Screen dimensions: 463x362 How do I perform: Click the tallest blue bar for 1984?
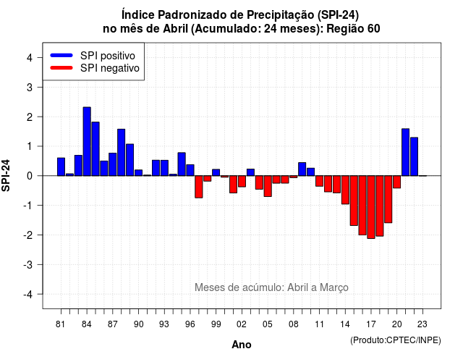[x=87, y=142]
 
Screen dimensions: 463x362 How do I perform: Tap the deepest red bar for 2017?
[x=371, y=207]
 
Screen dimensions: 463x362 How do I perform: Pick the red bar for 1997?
[x=199, y=187]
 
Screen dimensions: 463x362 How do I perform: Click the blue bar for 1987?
[x=113, y=164]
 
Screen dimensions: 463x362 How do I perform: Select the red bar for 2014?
[x=345, y=190]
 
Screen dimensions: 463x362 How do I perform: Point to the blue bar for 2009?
[x=302, y=169]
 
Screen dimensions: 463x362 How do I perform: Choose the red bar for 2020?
[x=397, y=182]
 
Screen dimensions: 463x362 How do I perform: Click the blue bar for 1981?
[x=61, y=167]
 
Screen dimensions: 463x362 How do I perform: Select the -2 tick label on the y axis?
[x=28, y=235]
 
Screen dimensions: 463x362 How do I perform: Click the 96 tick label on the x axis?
[x=190, y=324]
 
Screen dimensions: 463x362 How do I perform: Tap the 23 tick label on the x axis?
[x=422, y=324]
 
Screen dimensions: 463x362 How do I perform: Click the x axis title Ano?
[x=242, y=345]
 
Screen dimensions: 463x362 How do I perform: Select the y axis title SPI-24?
[x=6, y=175]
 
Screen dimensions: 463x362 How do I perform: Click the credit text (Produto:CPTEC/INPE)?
[x=396, y=340]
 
